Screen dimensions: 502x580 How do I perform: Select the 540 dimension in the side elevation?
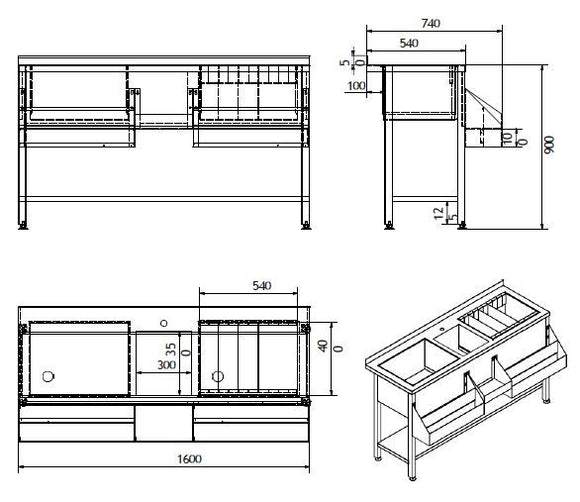[408, 43]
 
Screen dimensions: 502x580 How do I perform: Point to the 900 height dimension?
[548, 145]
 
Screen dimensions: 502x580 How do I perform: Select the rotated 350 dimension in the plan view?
[172, 352]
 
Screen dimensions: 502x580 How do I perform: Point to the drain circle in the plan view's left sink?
[46, 376]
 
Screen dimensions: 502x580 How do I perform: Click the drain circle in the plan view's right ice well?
[217, 376]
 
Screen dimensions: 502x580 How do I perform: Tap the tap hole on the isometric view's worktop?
[440, 327]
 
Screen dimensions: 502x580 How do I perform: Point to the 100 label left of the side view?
[355, 86]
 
